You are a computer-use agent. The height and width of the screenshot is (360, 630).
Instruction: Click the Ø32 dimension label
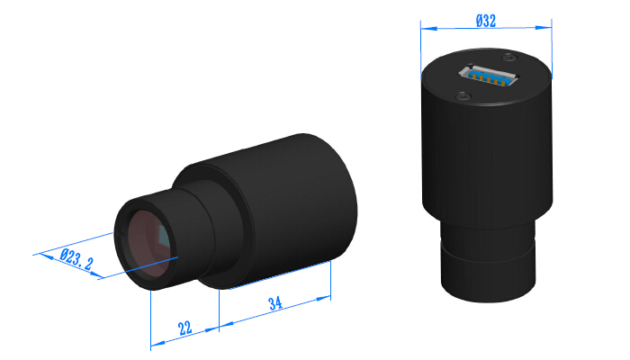pos(485,22)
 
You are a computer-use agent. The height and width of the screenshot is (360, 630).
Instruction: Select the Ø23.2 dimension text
pos(76,261)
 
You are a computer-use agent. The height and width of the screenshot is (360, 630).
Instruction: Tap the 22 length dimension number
pos(184,328)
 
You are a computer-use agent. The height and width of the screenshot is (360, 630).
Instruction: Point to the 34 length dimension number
pos(277,304)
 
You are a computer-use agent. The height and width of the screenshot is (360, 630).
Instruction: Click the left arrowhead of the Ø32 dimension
pos(424,28)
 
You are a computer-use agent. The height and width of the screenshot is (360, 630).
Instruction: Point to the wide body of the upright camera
pos(486,162)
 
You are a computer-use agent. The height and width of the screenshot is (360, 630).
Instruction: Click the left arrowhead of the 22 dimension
pos(154,344)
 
